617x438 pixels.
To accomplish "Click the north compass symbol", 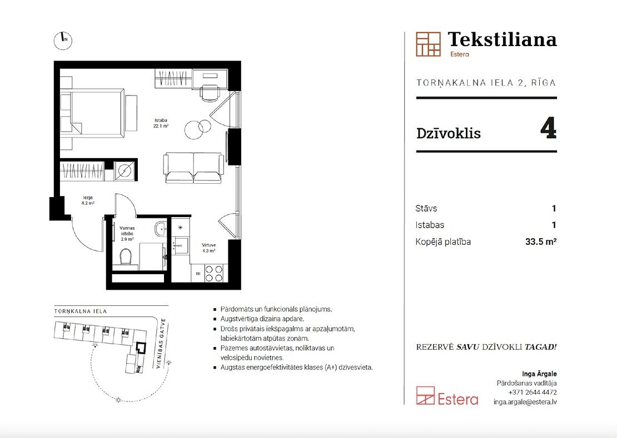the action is [63, 40].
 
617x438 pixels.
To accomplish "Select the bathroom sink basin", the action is [161, 229].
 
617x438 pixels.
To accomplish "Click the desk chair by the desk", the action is [210, 93].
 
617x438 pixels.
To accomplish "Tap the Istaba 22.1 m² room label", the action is [161, 123].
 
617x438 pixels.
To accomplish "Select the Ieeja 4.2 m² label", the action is [88, 201].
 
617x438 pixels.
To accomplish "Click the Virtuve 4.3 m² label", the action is [208, 248].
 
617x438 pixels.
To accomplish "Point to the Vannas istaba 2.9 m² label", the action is [127, 233].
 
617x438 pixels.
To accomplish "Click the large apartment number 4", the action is [549, 128].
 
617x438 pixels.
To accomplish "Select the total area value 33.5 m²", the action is [541, 241].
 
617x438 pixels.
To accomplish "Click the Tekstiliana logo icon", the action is [428, 44].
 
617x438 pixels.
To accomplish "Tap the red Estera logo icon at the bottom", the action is [425, 396].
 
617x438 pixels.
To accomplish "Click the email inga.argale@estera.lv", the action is [525, 402].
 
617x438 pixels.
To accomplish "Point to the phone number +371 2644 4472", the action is [533, 392].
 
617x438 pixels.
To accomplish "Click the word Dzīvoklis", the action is [449, 133].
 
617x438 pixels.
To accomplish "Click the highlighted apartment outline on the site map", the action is [141, 349].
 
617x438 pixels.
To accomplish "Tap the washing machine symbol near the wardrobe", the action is [125, 170].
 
